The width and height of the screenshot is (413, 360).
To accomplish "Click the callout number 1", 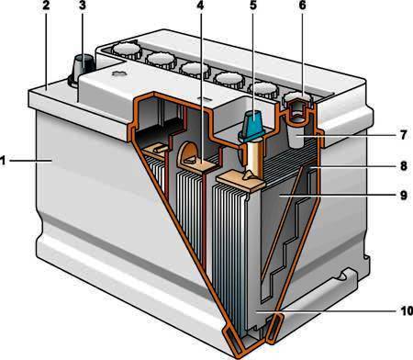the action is tap(4, 161).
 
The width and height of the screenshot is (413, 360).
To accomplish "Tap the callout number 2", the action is tap(46, 6).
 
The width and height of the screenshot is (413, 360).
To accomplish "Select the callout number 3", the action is tap(82, 6).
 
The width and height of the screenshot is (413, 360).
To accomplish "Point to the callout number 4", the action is tap(200, 6).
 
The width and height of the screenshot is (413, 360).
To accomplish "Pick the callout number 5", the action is tap(253, 6).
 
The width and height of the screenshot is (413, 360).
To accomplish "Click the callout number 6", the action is tap(302, 6).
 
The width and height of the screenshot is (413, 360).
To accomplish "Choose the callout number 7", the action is tap(404, 135).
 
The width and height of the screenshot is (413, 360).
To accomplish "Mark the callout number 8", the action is tap(404, 166).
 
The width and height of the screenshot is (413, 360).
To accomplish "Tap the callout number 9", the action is tap(404, 195).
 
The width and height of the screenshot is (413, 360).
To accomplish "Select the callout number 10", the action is tap(407, 311).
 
